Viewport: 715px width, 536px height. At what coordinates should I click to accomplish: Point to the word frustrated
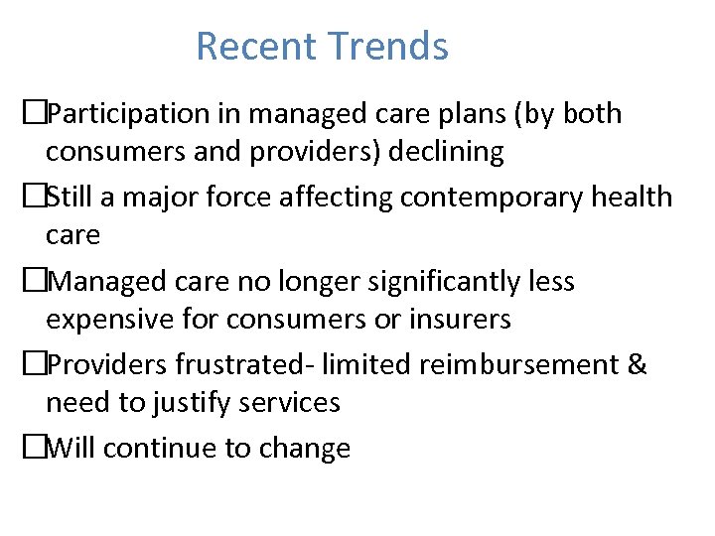(225, 365)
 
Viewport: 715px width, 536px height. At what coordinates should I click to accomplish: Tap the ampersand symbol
(637, 365)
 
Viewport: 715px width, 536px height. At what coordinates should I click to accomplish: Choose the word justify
(202, 403)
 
